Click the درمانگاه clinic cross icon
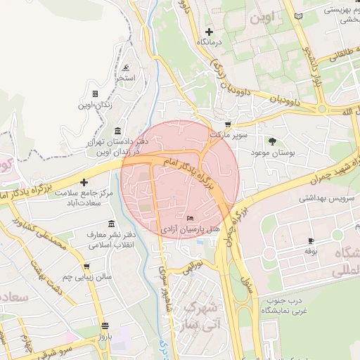click(x=209, y=32)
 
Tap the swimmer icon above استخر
click(x=126, y=68)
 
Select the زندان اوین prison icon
click(x=94, y=94)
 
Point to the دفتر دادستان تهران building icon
click(x=117, y=131)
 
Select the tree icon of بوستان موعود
click(x=271, y=142)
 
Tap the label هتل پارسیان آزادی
click(x=191, y=230)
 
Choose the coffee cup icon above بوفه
click(x=311, y=240)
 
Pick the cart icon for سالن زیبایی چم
click(x=86, y=267)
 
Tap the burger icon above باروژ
click(x=105, y=326)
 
